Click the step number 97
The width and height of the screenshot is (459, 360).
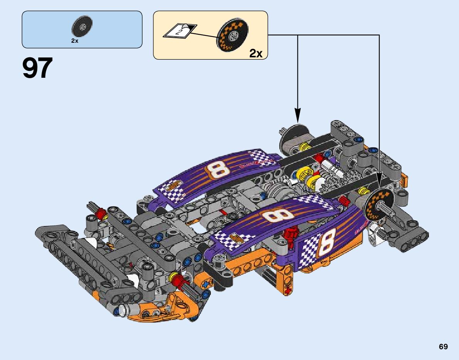pos(37,69)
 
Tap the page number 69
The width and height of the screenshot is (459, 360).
pos(443,347)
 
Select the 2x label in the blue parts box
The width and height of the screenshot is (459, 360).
pos(75,41)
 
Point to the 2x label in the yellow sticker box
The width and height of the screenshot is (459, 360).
pos(256,54)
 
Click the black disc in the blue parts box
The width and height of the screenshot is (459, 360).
pos(82,28)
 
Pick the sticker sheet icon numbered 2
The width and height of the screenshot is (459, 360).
pos(179,31)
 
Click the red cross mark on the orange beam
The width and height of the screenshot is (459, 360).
pos(288,291)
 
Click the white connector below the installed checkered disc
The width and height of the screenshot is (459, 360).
pos(373,234)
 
